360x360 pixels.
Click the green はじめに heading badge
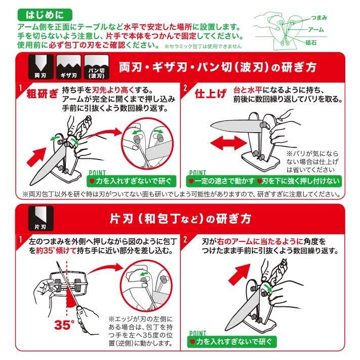tap(45, 15)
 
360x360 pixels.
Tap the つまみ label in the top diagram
tap(319, 18)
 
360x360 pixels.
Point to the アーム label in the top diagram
tap(315, 29)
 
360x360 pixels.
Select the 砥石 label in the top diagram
tap(311, 43)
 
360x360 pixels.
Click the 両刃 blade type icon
tap(41, 67)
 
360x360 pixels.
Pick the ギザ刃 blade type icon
tap(69, 67)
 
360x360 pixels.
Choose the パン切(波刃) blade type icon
tap(96, 67)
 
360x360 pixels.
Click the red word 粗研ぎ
tap(42, 94)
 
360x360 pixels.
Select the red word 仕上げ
tap(211, 94)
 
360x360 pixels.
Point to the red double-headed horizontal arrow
tap(228, 143)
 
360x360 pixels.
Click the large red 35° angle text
tap(64, 325)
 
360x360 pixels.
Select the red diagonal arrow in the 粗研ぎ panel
tap(36, 157)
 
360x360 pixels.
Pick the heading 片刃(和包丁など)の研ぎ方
tap(180, 219)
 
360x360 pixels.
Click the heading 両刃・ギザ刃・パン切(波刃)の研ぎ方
tap(218, 67)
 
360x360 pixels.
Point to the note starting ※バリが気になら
tap(312, 162)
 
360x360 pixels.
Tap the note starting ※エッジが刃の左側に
tap(141, 331)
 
